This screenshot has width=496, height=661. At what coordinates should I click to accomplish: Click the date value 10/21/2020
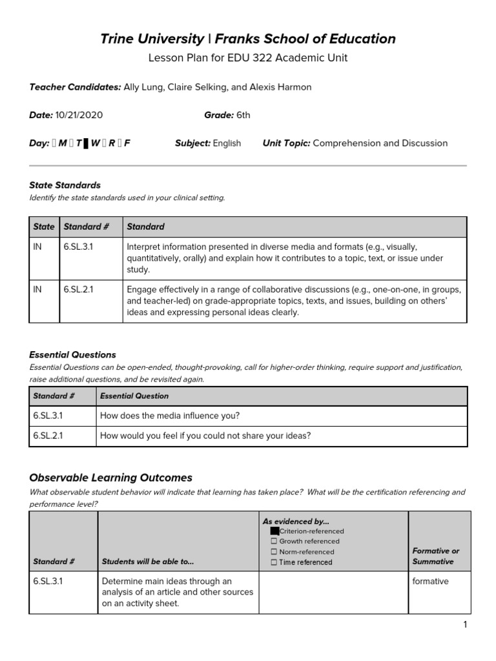click(79, 116)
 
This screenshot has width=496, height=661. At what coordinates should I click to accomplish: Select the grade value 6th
click(243, 116)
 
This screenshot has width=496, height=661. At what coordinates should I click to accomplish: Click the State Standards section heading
click(65, 185)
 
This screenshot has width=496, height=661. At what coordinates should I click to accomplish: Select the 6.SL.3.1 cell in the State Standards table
click(78, 247)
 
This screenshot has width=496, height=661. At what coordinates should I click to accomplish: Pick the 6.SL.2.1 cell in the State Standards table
click(78, 289)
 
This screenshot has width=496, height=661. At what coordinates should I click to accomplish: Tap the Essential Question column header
click(134, 396)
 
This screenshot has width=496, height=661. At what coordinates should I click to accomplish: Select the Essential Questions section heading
click(73, 355)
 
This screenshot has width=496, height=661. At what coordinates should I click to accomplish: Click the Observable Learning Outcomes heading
click(111, 478)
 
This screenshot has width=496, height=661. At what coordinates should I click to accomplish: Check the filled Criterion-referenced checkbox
click(274, 531)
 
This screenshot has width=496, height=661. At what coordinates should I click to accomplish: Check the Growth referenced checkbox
click(274, 541)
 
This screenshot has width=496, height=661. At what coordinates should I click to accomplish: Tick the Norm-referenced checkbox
click(274, 552)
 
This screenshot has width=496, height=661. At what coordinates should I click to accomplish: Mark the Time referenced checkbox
click(274, 562)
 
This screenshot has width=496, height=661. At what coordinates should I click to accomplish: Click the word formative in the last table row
click(430, 582)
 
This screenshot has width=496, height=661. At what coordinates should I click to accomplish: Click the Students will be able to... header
click(147, 562)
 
